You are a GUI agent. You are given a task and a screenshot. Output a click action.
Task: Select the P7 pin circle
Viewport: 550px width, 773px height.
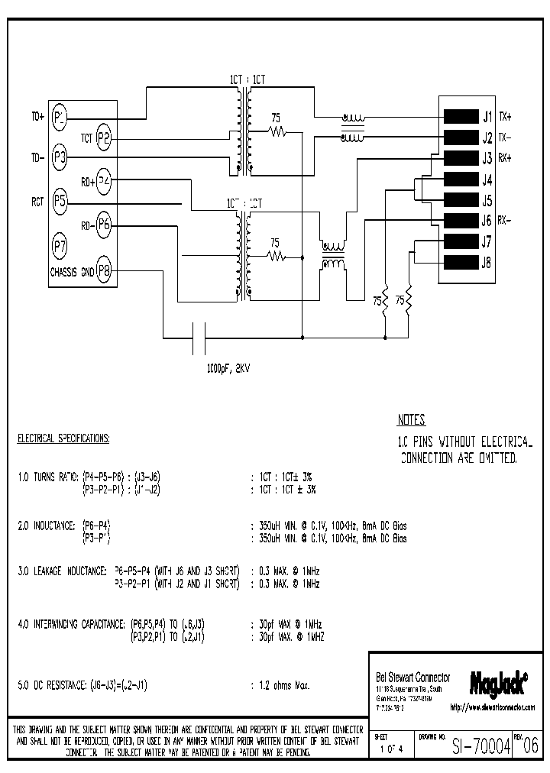tap(60, 246)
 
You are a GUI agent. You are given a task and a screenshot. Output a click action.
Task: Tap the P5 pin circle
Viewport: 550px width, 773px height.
tap(60, 202)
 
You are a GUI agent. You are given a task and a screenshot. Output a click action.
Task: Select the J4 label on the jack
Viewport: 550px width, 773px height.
tap(486, 180)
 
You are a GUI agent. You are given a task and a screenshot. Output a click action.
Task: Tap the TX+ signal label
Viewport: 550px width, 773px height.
tap(506, 117)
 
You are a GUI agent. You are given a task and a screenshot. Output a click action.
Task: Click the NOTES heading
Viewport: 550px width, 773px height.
tap(411, 420)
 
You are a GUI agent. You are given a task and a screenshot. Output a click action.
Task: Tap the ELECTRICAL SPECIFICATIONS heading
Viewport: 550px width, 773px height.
tap(63, 439)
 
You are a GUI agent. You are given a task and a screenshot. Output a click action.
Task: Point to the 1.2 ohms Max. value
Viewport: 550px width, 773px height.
tap(280, 686)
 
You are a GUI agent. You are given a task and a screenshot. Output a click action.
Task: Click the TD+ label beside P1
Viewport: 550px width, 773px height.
tap(37, 117)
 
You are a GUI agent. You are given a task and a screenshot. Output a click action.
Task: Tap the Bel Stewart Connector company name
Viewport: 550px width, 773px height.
tap(413, 678)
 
